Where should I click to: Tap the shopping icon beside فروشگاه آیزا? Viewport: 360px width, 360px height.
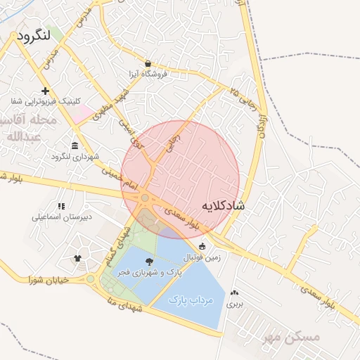(x=148, y=62)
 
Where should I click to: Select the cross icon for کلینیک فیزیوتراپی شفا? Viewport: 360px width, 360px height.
(x=46, y=91)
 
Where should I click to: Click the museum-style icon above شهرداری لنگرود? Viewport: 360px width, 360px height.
(x=75, y=145)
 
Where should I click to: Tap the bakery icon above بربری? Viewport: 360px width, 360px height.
(x=234, y=292)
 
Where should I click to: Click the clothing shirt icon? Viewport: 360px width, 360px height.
(x=77, y=258)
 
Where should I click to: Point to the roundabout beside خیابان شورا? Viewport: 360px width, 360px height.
(x=90, y=279)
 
